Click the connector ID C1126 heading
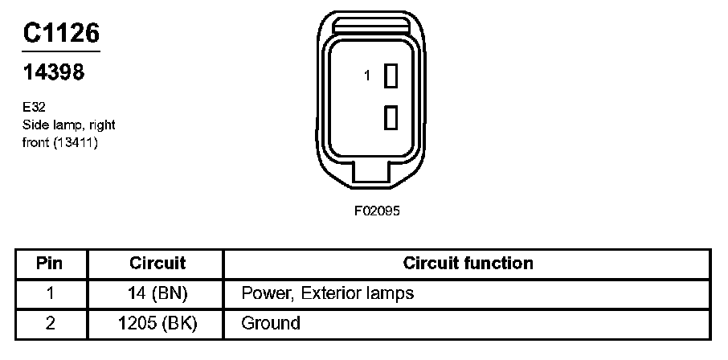(60, 33)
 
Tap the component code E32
(33, 106)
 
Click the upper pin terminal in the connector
(392, 76)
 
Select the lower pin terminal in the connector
(392, 117)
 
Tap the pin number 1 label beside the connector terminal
(367, 76)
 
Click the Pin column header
(51, 264)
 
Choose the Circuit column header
(157, 264)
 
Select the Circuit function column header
(468, 264)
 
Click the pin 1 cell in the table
(51, 293)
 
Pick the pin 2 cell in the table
(51, 324)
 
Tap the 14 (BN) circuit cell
(157, 293)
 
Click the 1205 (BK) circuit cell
(157, 324)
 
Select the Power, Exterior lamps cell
(327, 293)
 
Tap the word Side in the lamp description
(35, 125)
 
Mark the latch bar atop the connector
(372, 26)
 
